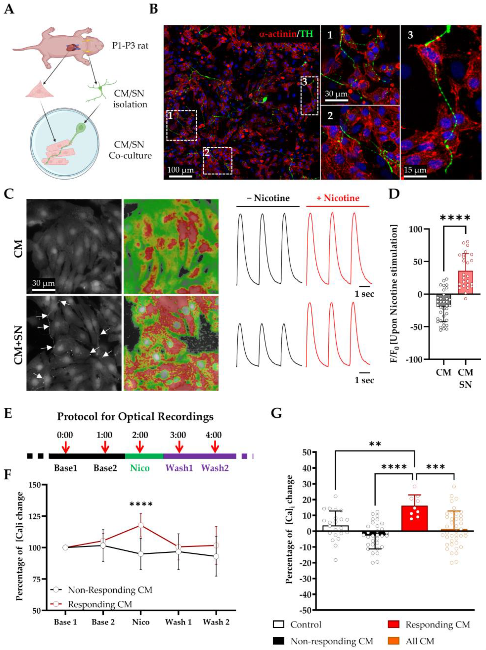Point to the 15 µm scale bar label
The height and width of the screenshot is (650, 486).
coord(415,170)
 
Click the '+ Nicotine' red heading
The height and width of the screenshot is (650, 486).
coord(337,198)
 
